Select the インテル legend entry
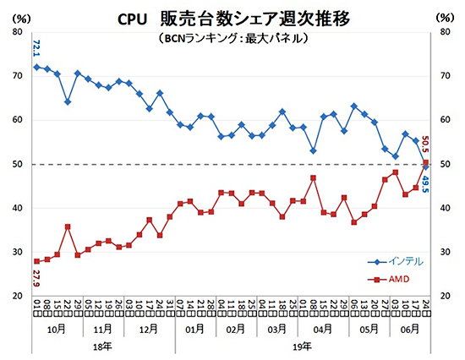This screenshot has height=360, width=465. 397,261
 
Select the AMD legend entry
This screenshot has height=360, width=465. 393,279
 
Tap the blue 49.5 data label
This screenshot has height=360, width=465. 425,183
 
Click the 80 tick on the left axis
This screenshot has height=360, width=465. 18,32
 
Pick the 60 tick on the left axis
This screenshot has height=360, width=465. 18,120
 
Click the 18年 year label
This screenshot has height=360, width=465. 101,346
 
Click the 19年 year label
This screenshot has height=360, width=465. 302,346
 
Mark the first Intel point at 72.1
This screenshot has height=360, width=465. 36,67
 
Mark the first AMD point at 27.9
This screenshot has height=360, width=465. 36,261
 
